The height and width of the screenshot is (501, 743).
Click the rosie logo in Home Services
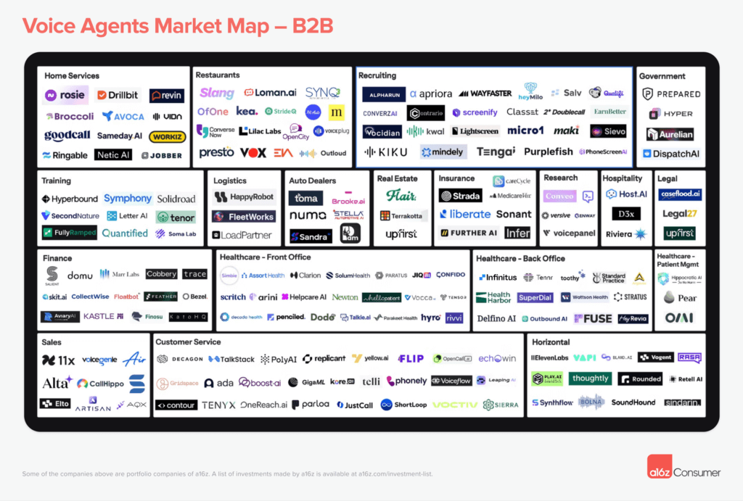pos(66,95)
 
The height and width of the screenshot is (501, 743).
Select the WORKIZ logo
pos(167,137)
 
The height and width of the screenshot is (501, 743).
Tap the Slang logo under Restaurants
pos(217,93)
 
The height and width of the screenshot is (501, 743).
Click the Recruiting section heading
pos(377,75)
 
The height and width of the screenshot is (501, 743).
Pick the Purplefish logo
pos(549,152)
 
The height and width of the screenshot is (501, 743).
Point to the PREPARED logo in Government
pos(671,94)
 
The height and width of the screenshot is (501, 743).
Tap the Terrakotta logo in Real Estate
pos(401,216)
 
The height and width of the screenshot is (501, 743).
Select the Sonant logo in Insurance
pos(514,215)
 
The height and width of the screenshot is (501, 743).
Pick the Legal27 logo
pos(679,214)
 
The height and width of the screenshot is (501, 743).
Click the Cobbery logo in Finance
pos(161,275)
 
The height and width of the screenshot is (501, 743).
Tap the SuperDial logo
pos(535,298)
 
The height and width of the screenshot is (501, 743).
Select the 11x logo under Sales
pos(59,360)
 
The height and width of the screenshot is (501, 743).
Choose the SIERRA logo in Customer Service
pos(500,405)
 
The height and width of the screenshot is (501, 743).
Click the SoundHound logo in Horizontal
pos(633,402)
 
